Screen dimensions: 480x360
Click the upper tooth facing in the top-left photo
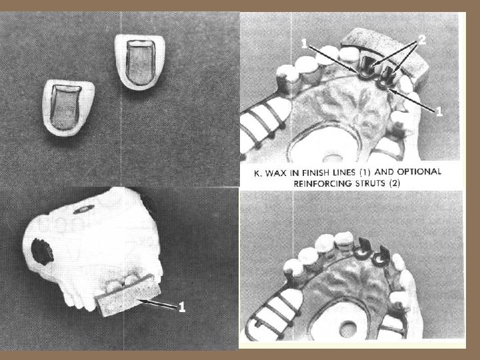point(140,63)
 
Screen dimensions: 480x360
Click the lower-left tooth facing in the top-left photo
point(69,107)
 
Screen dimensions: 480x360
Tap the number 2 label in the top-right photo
point(422,40)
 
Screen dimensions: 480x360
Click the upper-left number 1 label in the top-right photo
point(304,44)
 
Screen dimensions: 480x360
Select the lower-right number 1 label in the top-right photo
point(439,111)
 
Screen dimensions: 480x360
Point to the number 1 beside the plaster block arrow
point(182,307)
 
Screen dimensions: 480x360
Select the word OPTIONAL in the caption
point(419,172)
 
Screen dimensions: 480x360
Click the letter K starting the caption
point(258,173)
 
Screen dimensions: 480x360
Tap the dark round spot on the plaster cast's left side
point(42,251)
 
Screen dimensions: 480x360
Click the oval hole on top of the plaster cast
point(83,209)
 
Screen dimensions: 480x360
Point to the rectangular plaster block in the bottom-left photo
point(127,295)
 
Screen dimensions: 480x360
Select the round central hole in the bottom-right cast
point(348,329)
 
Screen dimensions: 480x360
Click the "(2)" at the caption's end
point(395,183)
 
